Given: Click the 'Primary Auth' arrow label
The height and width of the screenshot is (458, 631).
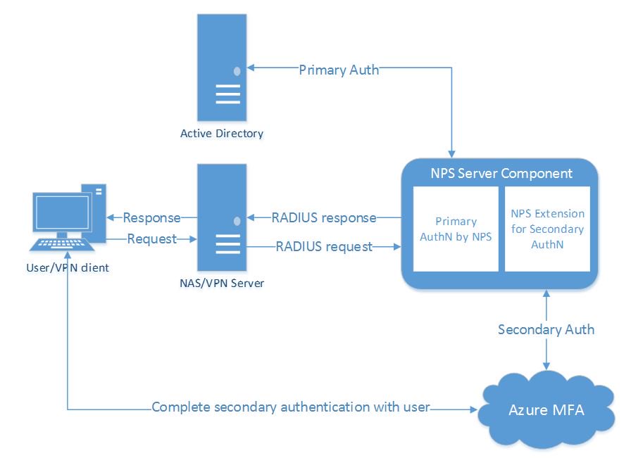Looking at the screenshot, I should click(339, 70).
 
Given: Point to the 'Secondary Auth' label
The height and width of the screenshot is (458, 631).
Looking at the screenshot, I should click(546, 329).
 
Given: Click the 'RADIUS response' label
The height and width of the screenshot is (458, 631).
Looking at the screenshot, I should click(324, 217).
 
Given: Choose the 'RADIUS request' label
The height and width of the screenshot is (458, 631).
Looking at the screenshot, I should click(324, 246).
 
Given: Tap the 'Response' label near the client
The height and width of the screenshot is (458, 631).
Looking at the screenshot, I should click(151, 217).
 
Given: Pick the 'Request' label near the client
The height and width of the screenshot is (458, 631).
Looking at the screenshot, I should click(151, 239).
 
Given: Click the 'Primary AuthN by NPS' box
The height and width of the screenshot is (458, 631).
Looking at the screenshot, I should click(456, 229).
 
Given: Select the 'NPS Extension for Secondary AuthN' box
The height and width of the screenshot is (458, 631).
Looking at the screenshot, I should click(548, 229).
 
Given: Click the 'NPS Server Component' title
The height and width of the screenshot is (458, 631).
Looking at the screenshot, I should click(501, 173).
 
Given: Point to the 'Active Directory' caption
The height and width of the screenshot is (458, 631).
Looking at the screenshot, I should click(221, 134).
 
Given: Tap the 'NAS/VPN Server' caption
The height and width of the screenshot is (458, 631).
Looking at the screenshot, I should click(221, 283).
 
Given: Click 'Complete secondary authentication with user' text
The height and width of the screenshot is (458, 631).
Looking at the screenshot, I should click(290, 407).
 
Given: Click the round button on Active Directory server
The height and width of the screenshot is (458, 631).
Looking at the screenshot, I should click(237, 71).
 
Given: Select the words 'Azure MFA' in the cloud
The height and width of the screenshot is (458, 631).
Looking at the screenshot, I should click(546, 409).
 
